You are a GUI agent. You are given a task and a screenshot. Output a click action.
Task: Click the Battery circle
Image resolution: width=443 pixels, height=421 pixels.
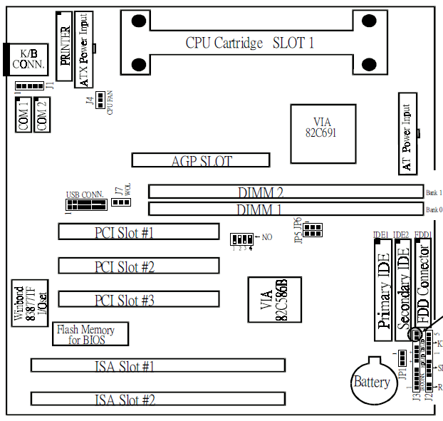pos(372,382)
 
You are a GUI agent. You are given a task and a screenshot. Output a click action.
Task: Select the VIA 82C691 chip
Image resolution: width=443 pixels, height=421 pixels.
pos(322,129)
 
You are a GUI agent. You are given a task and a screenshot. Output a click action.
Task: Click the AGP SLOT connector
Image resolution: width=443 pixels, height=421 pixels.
pos(201,160)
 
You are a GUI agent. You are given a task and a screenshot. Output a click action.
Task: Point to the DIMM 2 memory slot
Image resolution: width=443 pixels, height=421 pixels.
pos(286,192)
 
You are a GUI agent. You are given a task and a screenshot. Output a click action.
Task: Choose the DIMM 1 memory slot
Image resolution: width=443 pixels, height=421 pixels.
pos(286,209)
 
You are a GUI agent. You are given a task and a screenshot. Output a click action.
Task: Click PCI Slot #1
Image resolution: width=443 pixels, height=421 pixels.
pos(139,232)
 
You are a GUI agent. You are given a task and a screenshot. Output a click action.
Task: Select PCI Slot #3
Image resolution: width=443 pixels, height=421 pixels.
pos(139,300)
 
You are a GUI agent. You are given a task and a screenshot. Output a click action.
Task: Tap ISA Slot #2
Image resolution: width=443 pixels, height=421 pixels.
pos(157,399)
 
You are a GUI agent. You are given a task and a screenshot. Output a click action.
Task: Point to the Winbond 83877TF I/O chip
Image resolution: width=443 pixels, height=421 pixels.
pos(30,303)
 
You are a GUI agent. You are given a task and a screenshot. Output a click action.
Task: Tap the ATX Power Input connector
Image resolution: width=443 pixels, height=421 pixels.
pos(85,49)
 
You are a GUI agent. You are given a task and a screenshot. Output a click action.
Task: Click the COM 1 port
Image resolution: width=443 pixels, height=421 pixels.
pos(24,115)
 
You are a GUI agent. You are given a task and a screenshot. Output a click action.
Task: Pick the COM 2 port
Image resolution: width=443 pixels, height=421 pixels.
pos(42,115)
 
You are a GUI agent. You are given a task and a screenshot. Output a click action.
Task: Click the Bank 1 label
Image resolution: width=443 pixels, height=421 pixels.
pos(434,192)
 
